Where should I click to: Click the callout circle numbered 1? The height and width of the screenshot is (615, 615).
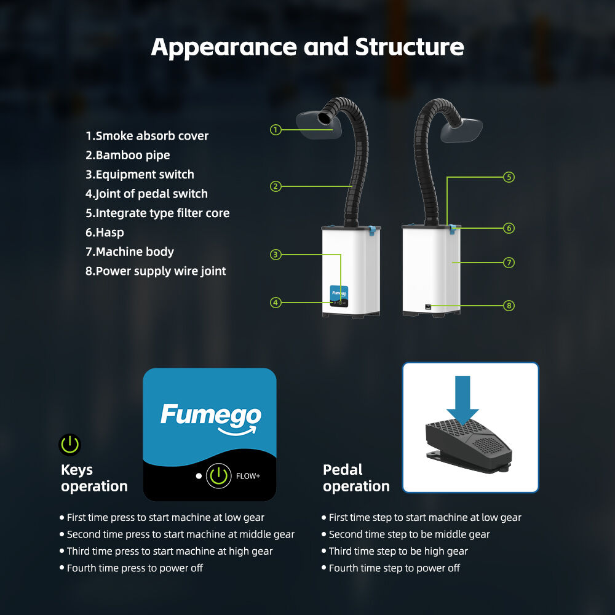pos(276,130)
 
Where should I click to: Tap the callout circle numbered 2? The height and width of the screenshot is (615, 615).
pos(276,186)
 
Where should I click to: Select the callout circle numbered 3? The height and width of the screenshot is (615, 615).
pos(276,254)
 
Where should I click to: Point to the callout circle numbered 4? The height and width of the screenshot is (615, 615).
pos(276,302)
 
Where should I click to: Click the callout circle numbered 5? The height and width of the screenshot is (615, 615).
pos(509,177)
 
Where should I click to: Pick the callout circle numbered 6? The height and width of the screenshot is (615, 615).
pos(509,228)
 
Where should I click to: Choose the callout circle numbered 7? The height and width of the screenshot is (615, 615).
pos(509,263)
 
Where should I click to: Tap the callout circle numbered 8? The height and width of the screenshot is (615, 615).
pos(509,305)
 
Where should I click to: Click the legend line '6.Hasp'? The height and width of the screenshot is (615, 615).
pos(105,232)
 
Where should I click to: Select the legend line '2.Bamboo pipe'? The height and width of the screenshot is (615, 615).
pos(128,155)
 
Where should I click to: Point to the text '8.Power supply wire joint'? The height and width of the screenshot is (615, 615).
pos(156,271)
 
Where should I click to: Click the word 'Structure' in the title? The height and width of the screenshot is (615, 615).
pos(410,47)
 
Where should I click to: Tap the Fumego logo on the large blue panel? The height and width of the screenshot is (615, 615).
pos(210,416)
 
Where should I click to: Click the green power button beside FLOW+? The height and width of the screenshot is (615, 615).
pos(218,475)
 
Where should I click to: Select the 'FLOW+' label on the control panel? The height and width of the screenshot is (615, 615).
pos(248,476)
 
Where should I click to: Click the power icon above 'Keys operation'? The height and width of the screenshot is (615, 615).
pos(70,444)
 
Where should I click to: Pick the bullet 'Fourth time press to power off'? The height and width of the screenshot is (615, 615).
pos(135,568)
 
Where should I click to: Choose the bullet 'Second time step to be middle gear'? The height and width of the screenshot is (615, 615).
pos(409,534)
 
